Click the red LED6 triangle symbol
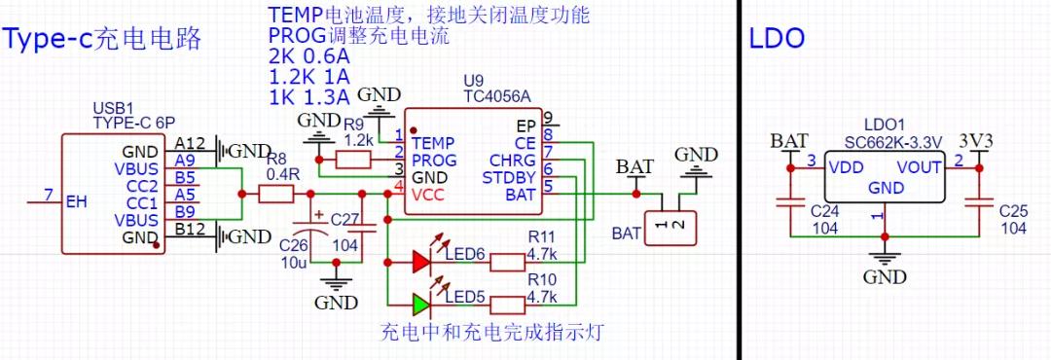tap(420, 261)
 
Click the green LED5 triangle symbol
tap(420, 305)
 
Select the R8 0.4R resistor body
tap(276, 195)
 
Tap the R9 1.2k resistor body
tap(351, 159)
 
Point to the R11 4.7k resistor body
tap(507, 261)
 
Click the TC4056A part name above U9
tap(497, 96)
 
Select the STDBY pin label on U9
tap(508, 177)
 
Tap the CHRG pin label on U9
tap(512, 160)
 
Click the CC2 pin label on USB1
tap(141, 186)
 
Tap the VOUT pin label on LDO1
tap(920, 167)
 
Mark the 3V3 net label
tap(976, 141)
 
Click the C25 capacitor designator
tap(1013, 210)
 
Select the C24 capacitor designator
tap(825, 210)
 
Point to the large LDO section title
tap(777, 39)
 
